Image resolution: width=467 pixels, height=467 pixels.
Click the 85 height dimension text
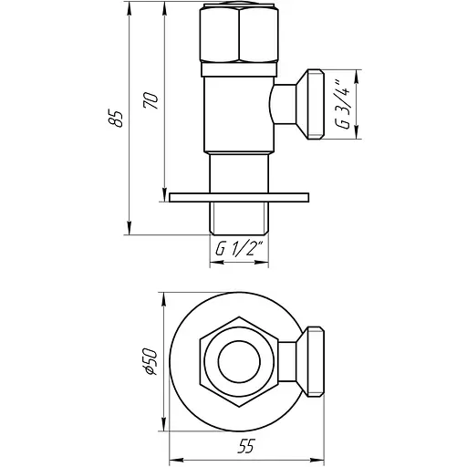click(x=117, y=119)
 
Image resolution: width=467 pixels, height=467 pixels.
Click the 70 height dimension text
click(x=152, y=100)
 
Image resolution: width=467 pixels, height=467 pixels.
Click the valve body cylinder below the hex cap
click(x=240, y=114)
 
